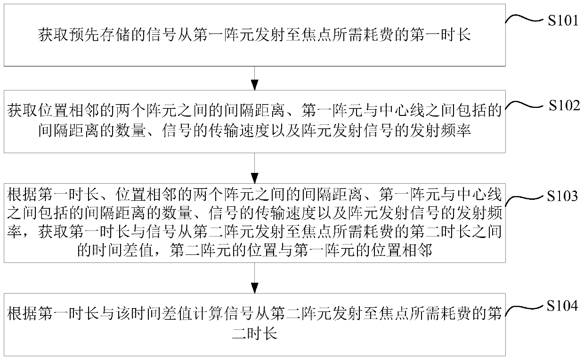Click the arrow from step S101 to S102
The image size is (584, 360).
(x=254, y=77)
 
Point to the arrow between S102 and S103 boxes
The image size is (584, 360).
(x=254, y=168)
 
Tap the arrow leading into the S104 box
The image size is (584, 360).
(x=254, y=278)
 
